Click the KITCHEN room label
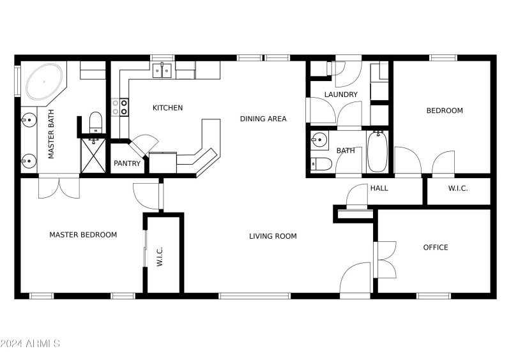pyautogui.click(x=167, y=108)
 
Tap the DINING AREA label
pyautogui.click(x=263, y=119)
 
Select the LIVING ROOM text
pyautogui.click(x=273, y=236)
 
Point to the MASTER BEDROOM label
pyautogui.click(x=83, y=235)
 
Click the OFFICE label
pyautogui.click(x=436, y=248)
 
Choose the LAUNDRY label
pyautogui.click(x=340, y=95)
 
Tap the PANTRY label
pyautogui.click(x=127, y=163)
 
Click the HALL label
pyautogui.click(x=379, y=188)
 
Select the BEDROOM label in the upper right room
pyautogui.click(x=445, y=111)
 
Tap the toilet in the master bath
pyautogui.click(x=96, y=122)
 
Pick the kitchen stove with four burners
pyautogui.click(x=120, y=107)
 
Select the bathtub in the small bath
pyautogui.click(x=378, y=151)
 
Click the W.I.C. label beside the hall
pyautogui.click(x=459, y=188)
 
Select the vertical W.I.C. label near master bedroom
pyautogui.click(x=160, y=256)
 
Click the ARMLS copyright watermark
pyautogui.click(x=30, y=344)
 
